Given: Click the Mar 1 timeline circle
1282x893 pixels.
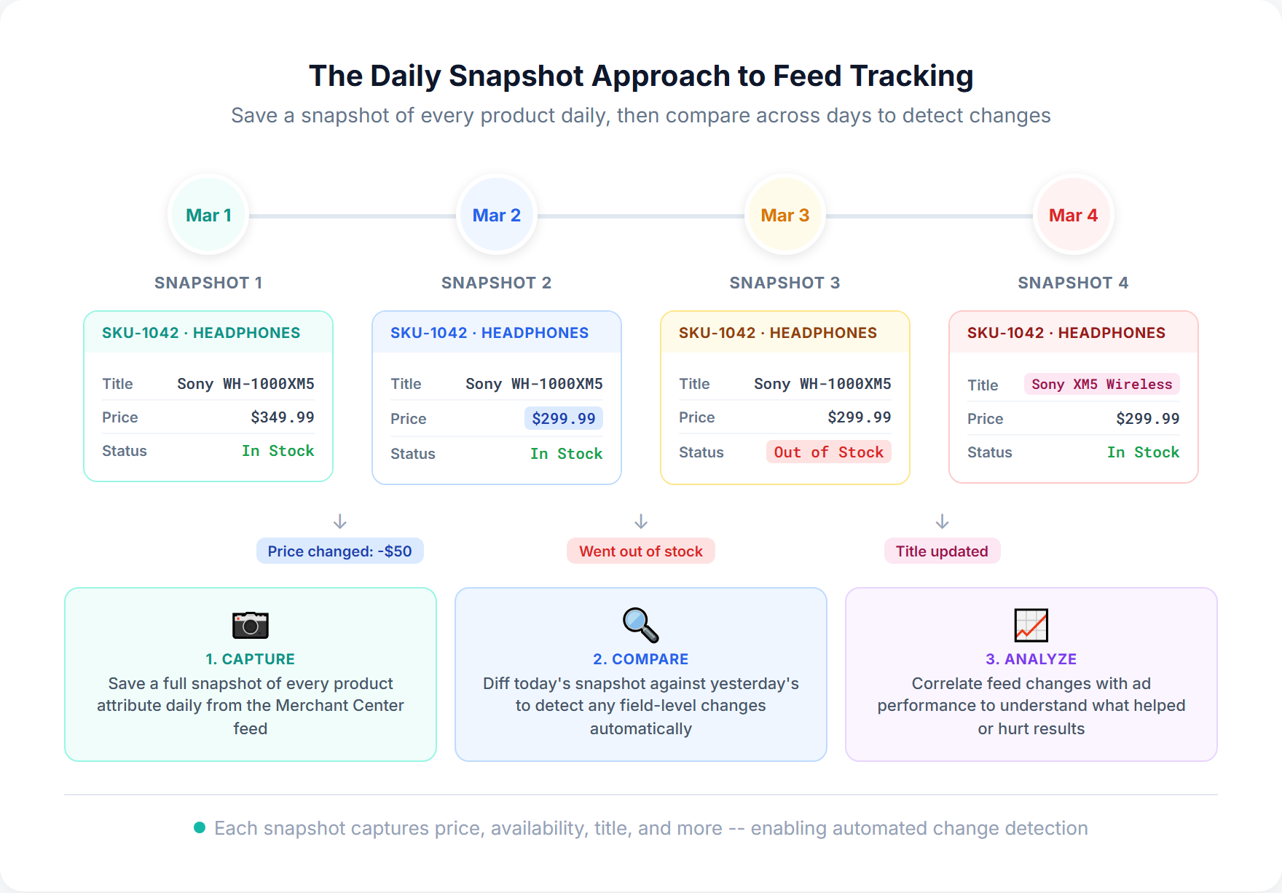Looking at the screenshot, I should pyautogui.click(x=208, y=216).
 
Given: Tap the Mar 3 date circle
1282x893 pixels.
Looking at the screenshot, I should pyautogui.click(x=784, y=216).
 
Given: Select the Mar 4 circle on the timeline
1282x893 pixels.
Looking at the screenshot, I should pyautogui.click(x=1073, y=216).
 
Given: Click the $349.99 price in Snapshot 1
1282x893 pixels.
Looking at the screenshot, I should pyautogui.click(x=282, y=417).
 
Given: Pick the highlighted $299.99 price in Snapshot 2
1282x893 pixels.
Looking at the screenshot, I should pyautogui.click(x=563, y=419).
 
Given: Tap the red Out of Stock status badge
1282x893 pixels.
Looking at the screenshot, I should pyautogui.click(x=828, y=452).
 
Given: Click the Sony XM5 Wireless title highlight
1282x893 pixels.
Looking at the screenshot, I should pyautogui.click(x=1101, y=385).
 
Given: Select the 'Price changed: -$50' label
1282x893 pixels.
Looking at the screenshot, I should pyautogui.click(x=339, y=551).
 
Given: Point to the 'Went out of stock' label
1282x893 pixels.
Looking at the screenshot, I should pyautogui.click(x=640, y=551).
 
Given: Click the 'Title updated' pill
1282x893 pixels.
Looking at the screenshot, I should pyautogui.click(x=942, y=551).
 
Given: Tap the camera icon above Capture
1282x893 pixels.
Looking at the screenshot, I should pyautogui.click(x=250, y=625).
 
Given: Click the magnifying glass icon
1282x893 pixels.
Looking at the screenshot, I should pyautogui.click(x=640, y=625).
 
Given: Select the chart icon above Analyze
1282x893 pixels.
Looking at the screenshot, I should pyautogui.click(x=1031, y=625).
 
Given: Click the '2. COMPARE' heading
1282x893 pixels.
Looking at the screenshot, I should pyautogui.click(x=640, y=659).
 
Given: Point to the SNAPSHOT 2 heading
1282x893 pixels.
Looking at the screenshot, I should pyautogui.click(x=496, y=283).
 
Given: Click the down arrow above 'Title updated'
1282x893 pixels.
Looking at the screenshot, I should pyautogui.click(x=942, y=522).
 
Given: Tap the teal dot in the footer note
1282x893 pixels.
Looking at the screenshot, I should pyautogui.click(x=200, y=827).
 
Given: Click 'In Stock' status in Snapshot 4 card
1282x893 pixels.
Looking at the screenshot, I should pyautogui.click(x=1142, y=452).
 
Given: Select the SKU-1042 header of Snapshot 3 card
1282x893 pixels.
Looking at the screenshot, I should pyautogui.click(x=777, y=333).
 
